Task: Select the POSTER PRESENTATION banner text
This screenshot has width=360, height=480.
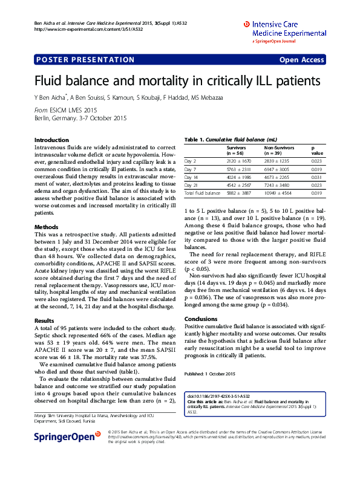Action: pos(85,60)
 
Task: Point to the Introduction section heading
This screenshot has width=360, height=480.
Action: pos(51,140)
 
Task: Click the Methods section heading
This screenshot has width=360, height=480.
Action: pos(46,227)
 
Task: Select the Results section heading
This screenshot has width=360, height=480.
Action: pos(45,320)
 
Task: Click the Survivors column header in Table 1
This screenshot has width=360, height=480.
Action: pos(237,147)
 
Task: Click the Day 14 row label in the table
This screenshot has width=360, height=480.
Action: pos(191,177)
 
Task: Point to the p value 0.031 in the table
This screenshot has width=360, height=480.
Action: pos(316,177)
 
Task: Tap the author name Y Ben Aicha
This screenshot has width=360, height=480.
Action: pos(51,97)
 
